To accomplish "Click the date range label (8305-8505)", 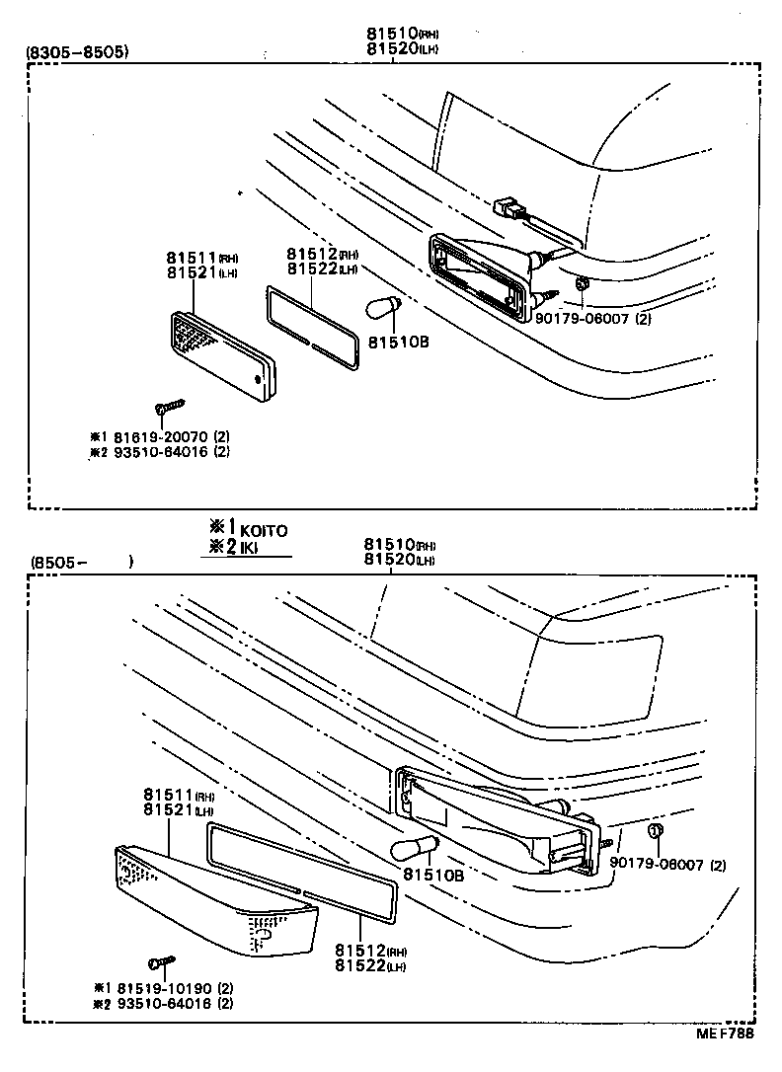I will coord(77,52).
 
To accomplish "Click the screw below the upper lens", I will coord(169,408).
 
